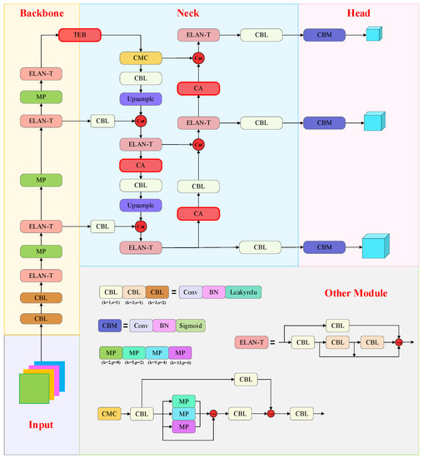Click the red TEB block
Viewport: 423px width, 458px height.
pyautogui.click(x=78, y=36)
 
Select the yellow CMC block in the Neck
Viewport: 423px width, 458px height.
pyautogui.click(x=140, y=58)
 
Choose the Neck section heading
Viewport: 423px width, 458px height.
pyautogui.click(x=188, y=14)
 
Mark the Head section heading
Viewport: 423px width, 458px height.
pyautogui.click(x=359, y=14)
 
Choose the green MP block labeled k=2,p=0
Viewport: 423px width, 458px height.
pyautogui.click(x=110, y=353)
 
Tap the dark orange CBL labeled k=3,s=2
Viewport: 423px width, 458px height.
pyautogui.click(x=157, y=292)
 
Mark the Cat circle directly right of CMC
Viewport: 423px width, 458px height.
pyautogui.click(x=198, y=58)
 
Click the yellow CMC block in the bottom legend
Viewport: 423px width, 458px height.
pyautogui.click(x=110, y=412)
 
